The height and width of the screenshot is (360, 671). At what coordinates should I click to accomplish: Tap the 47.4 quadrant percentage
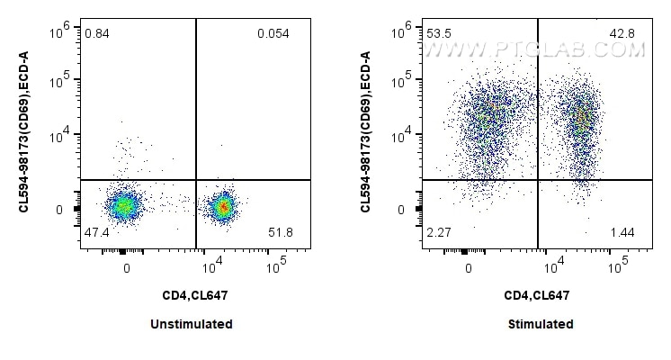pyautogui.click(x=96, y=233)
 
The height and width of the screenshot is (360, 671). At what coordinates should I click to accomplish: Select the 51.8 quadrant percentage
pyautogui.click(x=282, y=233)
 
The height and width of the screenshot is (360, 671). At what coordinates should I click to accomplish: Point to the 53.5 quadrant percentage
pyautogui.click(x=440, y=34)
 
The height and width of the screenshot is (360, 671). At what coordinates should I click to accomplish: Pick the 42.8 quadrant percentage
pyautogui.click(x=622, y=34)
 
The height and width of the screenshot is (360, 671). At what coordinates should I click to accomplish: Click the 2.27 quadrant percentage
pyautogui.click(x=439, y=233)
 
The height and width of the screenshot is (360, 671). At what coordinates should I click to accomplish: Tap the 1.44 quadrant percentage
pyautogui.click(x=622, y=233)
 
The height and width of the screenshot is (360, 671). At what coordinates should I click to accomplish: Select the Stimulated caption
pyautogui.click(x=538, y=324)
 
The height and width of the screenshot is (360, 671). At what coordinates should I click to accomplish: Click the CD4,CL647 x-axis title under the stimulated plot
pyautogui.click(x=537, y=294)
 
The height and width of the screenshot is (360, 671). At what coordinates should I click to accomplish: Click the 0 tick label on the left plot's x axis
pyautogui.click(x=127, y=267)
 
